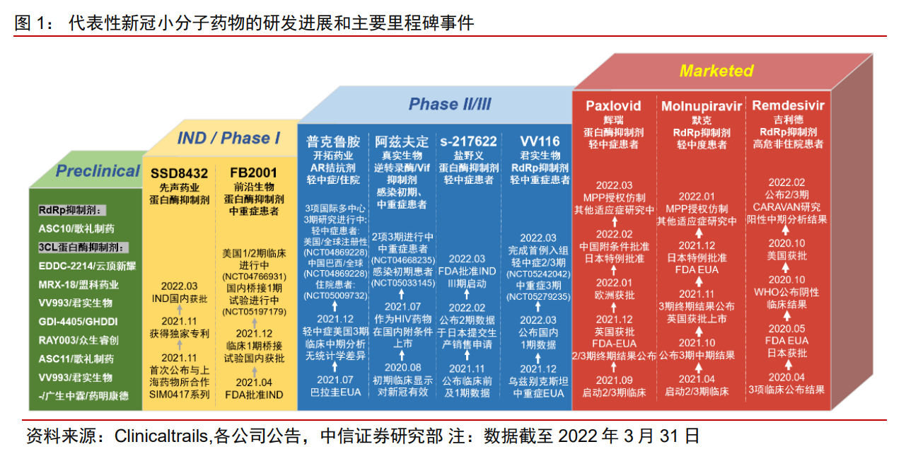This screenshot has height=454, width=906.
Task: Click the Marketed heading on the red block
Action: pos(716,71)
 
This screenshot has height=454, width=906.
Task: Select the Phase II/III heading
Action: pos(450,105)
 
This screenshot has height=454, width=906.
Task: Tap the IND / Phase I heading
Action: pos(228,138)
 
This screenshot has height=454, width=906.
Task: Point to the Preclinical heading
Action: pos(98,171)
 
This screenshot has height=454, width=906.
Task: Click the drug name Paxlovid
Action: pos(613,106)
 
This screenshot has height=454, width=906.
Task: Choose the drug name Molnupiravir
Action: pos(702,106)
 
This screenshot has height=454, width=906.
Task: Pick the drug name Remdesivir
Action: pos(788,106)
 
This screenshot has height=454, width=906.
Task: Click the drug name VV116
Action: pos(538,141)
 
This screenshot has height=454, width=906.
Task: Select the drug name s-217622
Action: pos(467,141)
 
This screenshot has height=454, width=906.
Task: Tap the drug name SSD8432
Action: pos(179,173)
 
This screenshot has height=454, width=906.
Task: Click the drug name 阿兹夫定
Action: pos(402,141)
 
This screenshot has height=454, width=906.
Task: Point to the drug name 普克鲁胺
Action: pos(334,141)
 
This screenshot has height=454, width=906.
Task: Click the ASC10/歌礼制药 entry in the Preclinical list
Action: pos(76,229)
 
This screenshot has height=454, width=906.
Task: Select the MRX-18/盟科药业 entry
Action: pos(79,284)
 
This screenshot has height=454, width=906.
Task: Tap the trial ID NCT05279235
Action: pos(538,297)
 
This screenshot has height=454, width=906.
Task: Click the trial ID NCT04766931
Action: pos(254,276)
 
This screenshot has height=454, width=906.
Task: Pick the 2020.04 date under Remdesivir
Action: pos(786,377)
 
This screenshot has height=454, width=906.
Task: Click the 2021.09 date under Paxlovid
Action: pos(614,380)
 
